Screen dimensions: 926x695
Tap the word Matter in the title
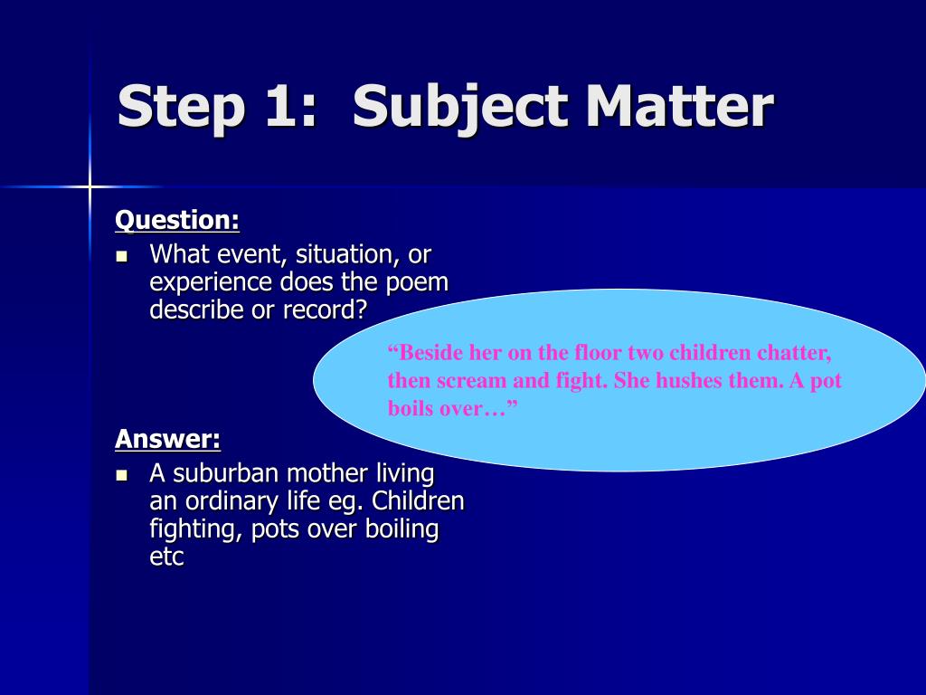click(x=679, y=107)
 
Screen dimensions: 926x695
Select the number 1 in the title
click(x=279, y=107)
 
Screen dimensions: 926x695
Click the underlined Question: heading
click(x=177, y=221)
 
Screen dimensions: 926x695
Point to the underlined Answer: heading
click(x=167, y=439)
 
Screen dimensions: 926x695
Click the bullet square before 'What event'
click(x=122, y=256)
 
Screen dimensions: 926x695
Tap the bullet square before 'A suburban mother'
click(x=122, y=475)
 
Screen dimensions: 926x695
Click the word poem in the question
click(x=417, y=283)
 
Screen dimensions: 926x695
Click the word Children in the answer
click(x=418, y=501)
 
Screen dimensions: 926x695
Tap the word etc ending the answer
click(x=166, y=557)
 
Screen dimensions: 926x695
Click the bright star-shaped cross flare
click(x=90, y=187)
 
